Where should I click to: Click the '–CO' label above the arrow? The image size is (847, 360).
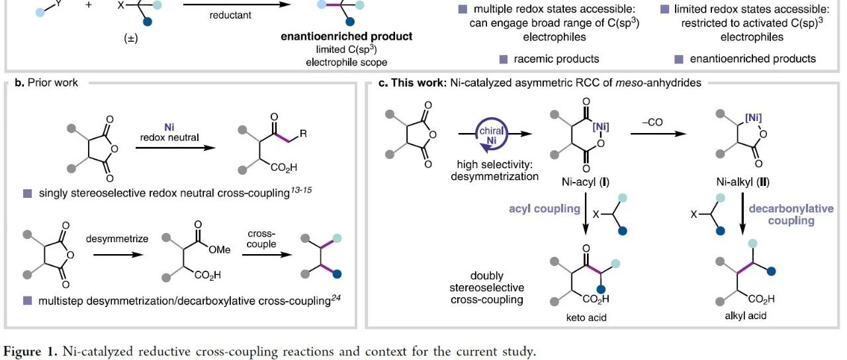pyautogui.click(x=652, y=122)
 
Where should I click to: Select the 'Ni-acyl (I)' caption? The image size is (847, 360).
pyautogui.click(x=586, y=182)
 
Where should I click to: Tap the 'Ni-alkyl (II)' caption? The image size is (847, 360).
pyautogui.click(x=742, y=182)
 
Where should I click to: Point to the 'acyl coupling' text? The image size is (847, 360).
pyautogui.click(x=545, y=208)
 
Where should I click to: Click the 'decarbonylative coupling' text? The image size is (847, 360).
pyautogui.click(x=791, y=214)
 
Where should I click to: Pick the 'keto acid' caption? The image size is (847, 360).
pyautogui.click(x=586, y=318)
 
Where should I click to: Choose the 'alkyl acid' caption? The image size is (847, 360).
pyautogui.click(x=745, y=316)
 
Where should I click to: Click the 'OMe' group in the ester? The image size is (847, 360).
pyautogui.click(x=219, y=249)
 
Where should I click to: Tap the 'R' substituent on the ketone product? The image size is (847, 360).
pyautogui.click(x=303, y=133)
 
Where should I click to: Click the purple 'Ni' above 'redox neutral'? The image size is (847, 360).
pyautogui.click(x=169, y=127)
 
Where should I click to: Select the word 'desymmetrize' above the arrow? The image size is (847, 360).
pyautogui.click(x=117, y=239)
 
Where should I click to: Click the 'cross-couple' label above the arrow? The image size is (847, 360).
pyautogui.click(x=261, y=239)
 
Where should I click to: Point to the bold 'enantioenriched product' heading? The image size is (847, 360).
pyautogui.click(x=346, y=36)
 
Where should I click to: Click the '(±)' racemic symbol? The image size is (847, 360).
pyautogui.click(x=131, y=38)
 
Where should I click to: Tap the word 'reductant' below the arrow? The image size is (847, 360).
pyautogui.click(x=230, y=15)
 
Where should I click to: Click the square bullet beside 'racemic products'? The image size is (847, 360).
pyautogui.click(x=504, y=60)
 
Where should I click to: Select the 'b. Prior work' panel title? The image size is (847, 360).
pyautogui.click(x=46, y=83)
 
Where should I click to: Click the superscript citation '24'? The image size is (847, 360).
pyautogui.click(x=335, y=298)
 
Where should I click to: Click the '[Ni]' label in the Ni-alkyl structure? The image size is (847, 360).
pyautogui.click(x=753, y=118)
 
